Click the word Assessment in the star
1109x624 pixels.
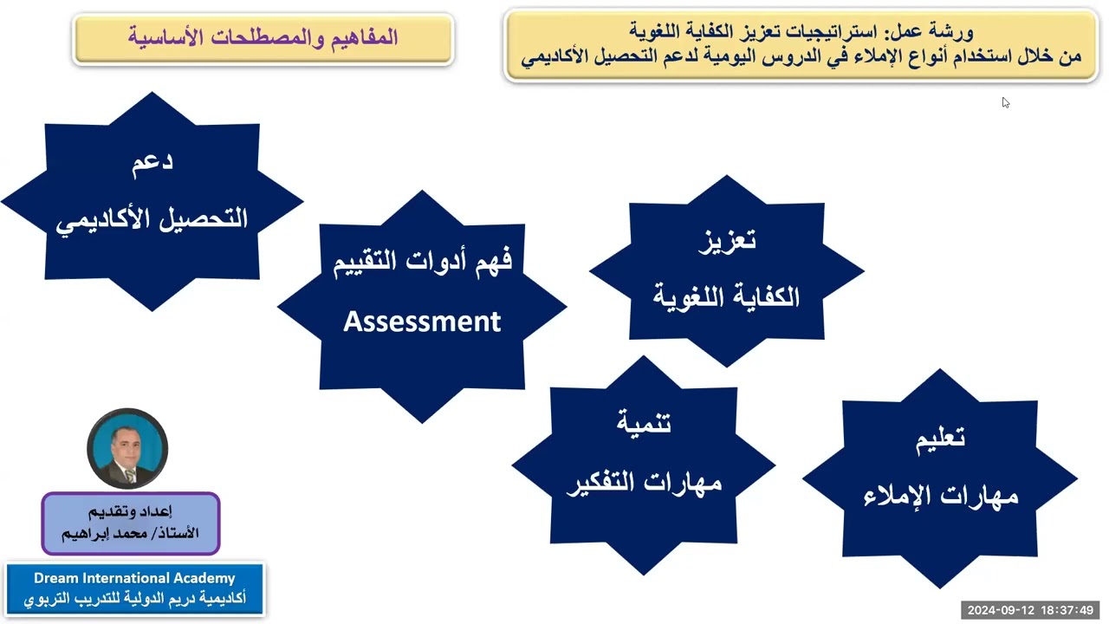click(422, 322)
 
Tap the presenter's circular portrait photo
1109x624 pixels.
click(127, 448)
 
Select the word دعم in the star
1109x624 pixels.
click(152, 163)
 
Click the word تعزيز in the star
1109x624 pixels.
click(727, 240)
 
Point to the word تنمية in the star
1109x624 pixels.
click(644, 423)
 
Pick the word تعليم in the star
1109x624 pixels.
click(940, 438)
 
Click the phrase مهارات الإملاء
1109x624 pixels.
click(940, 496)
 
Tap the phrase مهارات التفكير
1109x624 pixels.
click(644, 482)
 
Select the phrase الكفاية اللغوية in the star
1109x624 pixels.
click(727, 297)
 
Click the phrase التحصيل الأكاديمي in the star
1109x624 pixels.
click(152, 219)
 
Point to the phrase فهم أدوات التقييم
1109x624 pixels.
click(422, 260)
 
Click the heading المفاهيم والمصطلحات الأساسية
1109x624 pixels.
click(263, 37)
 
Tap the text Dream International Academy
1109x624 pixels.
click(134, 578)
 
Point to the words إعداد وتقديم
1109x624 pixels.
click(131, 510)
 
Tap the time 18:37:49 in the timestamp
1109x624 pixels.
click(1069, 610)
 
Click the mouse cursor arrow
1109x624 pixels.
click(1005, 102)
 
